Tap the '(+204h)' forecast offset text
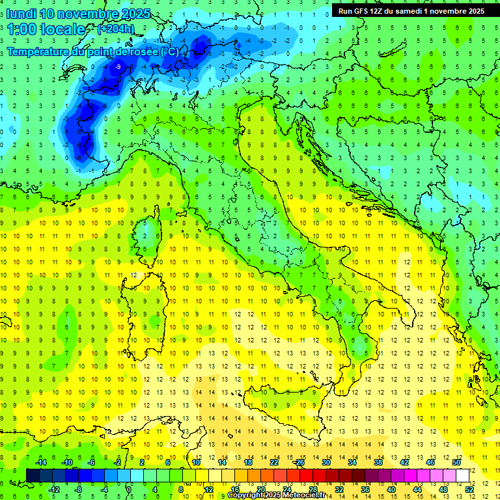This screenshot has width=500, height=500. coord(115,29)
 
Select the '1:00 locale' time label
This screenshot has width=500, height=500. coord(46,29)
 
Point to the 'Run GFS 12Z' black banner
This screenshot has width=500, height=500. coord(411,11)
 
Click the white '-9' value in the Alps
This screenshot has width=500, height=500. coord(118,67)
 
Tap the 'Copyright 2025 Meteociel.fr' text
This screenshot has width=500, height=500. coord(277,495)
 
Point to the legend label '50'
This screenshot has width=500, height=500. coord(456,462)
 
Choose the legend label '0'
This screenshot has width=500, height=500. coord(129,489)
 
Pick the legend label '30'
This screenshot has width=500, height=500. coord(326,462)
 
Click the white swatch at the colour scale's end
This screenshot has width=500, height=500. coord(463,475)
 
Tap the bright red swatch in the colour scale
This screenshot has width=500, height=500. coord(306,475)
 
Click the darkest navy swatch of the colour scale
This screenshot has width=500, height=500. coord(33,475)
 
